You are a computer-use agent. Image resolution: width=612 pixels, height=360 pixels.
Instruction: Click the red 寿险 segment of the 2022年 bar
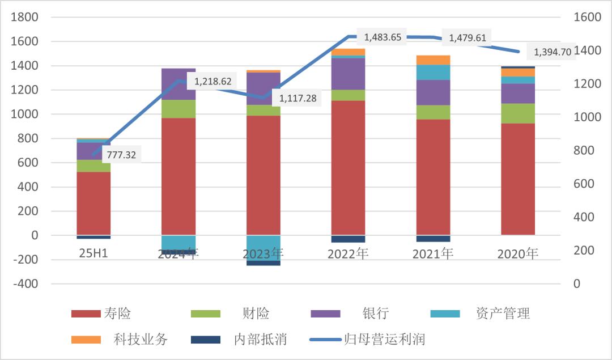coord(348,168)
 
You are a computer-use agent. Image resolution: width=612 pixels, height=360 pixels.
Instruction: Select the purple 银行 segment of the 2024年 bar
coord(178,84)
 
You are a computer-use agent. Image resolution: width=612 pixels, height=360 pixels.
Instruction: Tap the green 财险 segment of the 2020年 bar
coord(518,113)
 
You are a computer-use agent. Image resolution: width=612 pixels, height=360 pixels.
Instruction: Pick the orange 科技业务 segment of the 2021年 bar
coord(433,60)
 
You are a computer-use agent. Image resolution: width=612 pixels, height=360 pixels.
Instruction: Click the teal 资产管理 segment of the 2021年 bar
coord(433,72)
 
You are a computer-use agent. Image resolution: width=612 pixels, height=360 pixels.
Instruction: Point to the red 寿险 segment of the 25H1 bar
coord(93,203)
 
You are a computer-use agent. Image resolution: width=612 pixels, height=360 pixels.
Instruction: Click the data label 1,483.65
coord(382,37)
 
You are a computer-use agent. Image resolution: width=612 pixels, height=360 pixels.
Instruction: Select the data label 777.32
coord(122,154)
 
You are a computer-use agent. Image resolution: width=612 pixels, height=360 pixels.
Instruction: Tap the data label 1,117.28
coord(297,99)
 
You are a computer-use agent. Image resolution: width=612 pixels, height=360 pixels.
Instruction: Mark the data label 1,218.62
coord(212,82)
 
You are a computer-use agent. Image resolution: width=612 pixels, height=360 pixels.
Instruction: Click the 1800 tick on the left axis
coord(26,17)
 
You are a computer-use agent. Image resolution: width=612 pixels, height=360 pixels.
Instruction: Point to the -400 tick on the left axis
coord(26,283)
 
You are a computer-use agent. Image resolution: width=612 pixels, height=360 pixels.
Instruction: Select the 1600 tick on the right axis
coord(587,17)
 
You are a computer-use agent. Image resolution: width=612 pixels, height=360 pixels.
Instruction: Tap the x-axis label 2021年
coord(433,253)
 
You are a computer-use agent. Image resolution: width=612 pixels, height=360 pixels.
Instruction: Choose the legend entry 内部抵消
coord(260,340)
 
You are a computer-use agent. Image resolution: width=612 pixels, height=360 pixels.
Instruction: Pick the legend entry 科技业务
coord(142,340)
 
